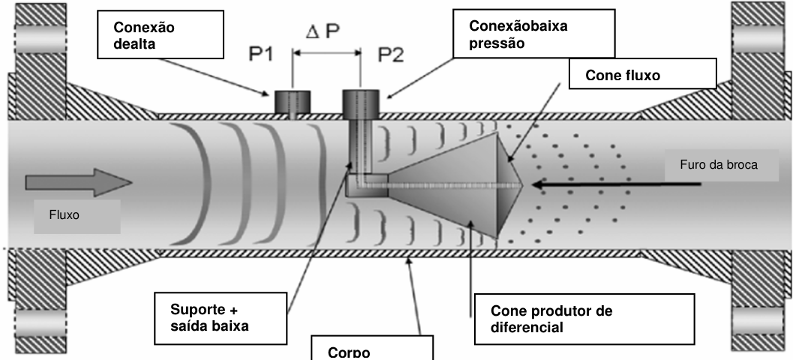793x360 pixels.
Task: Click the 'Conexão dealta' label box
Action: coord(161,34)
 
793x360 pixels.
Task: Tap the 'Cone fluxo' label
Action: coord(643,73)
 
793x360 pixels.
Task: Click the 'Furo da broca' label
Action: coord(721,165)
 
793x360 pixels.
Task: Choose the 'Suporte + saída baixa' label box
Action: coord(221,318)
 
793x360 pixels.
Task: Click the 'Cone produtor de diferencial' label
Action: coord(584,319)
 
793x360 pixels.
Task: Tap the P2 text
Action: coord(392,55)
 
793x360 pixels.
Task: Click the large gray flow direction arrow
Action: coord(79,182)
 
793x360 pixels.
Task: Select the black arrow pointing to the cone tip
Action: coord(617,184)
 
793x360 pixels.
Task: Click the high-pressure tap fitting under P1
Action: coord(293,102)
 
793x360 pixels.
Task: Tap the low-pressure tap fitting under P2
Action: coord(361,103)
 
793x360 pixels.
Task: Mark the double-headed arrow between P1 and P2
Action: coord(326,52)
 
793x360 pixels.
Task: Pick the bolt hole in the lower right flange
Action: coord(756,321)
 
